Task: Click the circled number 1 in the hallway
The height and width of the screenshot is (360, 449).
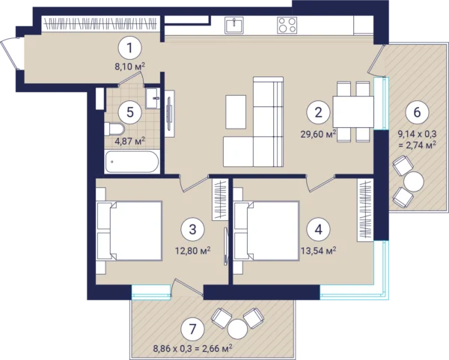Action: coord(129,48)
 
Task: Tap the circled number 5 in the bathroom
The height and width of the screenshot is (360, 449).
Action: coord(130,112)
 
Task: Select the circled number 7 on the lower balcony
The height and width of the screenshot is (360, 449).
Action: coord(193,329)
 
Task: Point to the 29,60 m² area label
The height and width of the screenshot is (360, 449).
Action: coord(318,134)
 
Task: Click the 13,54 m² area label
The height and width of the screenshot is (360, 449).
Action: coord(319,251)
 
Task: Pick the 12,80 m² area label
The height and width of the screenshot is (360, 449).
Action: coord(193,251)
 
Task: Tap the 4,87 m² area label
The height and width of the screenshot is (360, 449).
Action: coord(130,141)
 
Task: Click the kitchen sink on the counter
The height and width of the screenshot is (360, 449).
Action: coord(234,25)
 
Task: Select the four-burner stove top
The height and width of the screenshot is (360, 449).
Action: coord(287,25)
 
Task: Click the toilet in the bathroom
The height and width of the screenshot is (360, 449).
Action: coord(114,129)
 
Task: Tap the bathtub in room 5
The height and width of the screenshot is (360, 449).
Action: coord(132,162)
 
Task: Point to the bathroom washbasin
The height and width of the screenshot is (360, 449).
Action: coord(153,98)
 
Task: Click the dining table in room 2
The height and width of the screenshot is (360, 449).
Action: coord(353,112)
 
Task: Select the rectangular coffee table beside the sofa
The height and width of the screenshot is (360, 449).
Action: coord(236,112)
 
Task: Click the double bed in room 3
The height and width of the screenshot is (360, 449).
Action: coord(129,231)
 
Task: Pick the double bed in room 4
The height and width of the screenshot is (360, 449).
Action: coord(267,231)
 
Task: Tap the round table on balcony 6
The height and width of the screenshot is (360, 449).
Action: coord(414,181)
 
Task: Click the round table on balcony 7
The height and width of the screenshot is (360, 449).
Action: coord(237,329)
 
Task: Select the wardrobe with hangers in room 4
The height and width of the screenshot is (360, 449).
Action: coord(366,210)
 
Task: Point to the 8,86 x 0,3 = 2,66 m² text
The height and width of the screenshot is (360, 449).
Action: coord(192,349)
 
